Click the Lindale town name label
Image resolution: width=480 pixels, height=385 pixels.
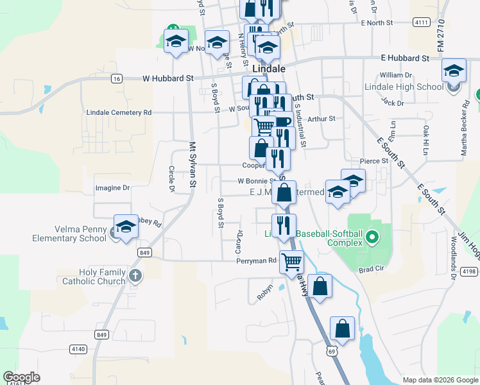[268, 67]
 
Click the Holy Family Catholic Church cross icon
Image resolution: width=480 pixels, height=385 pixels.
[134, 277]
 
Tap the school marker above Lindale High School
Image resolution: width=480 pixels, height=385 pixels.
[454, 71]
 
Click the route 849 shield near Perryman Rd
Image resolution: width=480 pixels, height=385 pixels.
[144, 253]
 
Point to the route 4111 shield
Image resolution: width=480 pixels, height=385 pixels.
[421, 22]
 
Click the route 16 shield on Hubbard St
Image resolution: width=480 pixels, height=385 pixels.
[116, 78]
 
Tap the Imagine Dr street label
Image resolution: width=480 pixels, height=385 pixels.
[112, 188]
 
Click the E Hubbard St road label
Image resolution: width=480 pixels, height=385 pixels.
[404, 58]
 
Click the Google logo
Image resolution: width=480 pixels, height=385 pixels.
[21, 377]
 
